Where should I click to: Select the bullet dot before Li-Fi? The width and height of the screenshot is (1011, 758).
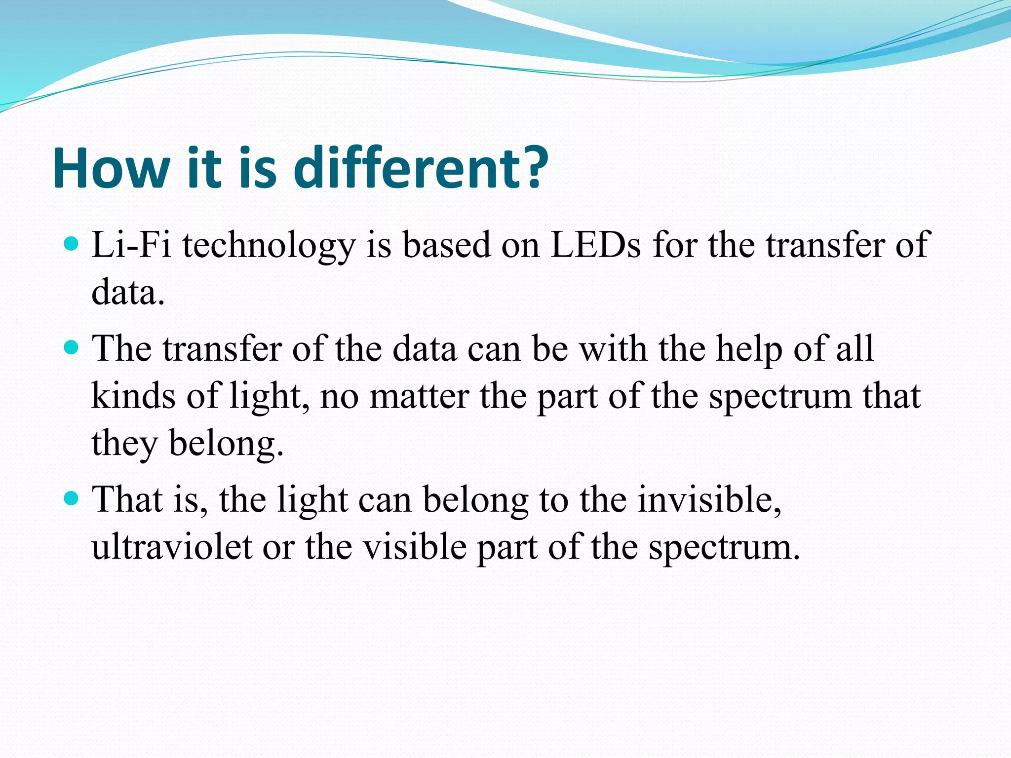pos(72,244)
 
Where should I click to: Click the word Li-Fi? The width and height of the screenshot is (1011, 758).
pos(131,245)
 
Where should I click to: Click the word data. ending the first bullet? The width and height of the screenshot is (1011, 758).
pos(128,292)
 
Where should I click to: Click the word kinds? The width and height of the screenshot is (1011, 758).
pos(133,396)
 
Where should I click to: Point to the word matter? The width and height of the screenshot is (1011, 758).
pos(419,397)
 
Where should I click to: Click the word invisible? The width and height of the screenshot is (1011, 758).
pos(709,500)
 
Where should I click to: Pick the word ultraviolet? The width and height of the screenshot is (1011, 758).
pos(172,547)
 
